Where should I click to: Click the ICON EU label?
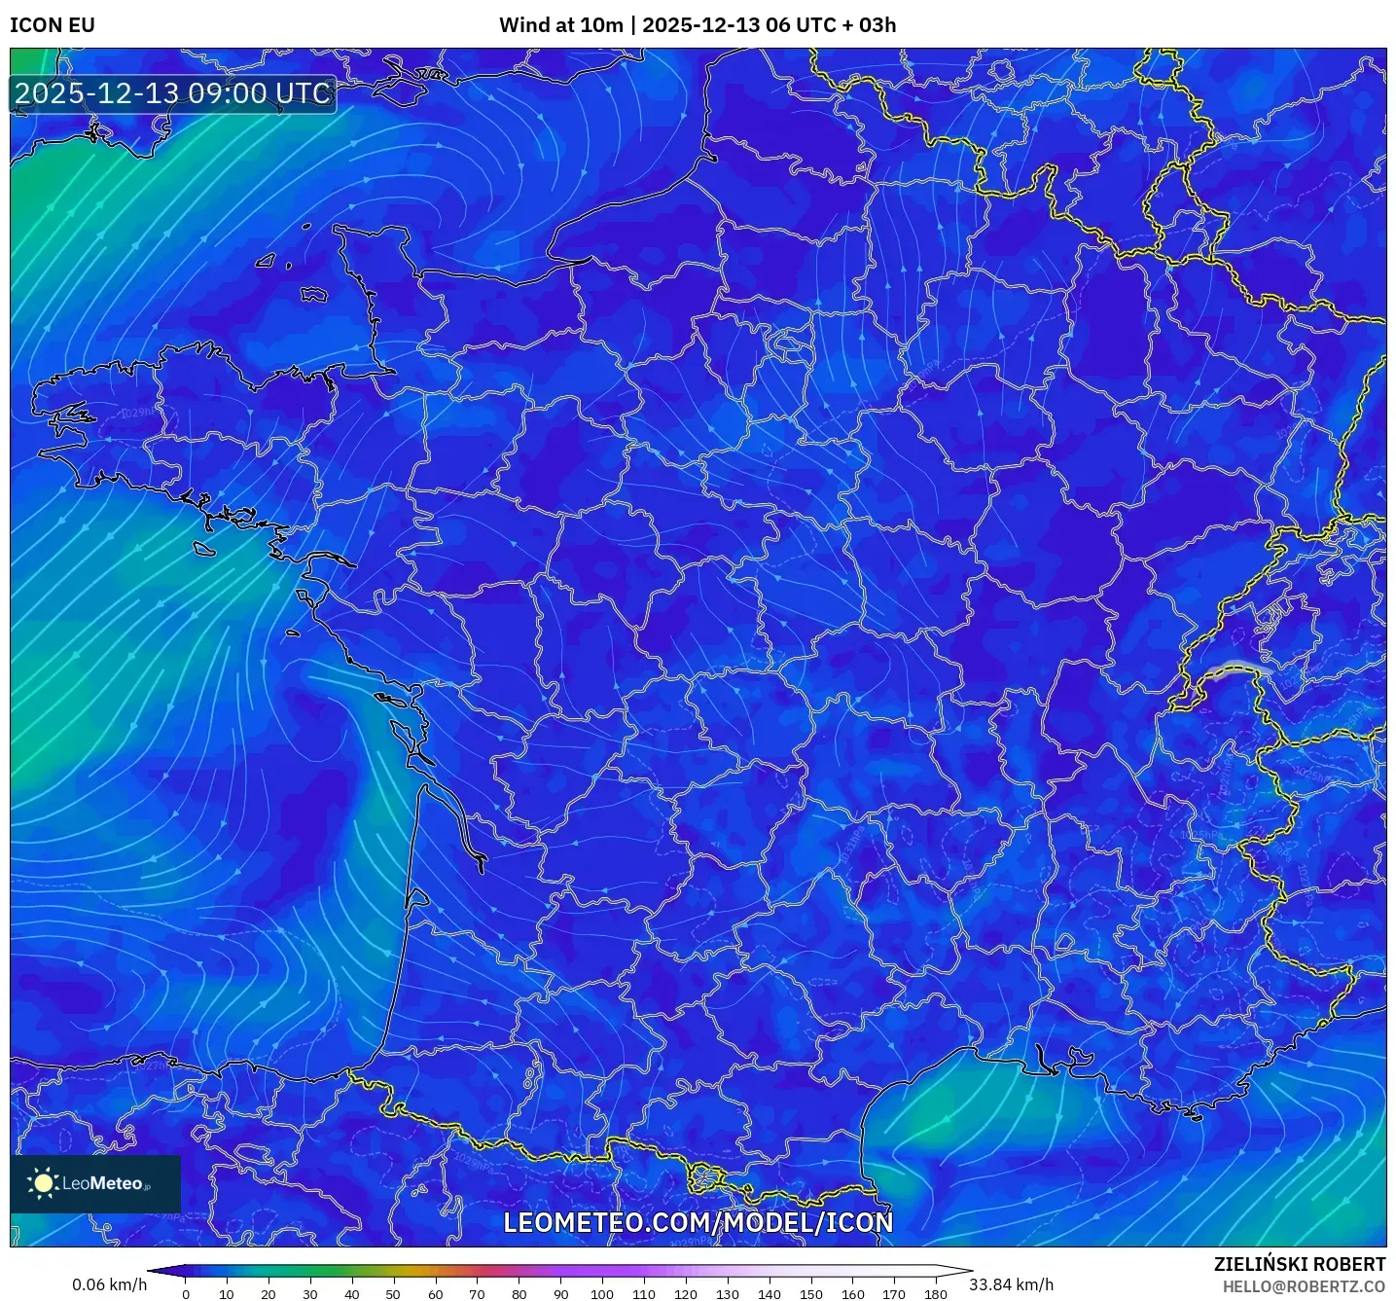click(x=53, y=25)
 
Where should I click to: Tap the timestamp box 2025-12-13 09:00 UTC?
click(x=173, y=93)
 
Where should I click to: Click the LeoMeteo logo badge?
click(x=95, y=1183)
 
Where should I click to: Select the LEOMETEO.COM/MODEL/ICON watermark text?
click(x=698, y=1222)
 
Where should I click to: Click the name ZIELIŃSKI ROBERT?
click(x=1300, y=1264)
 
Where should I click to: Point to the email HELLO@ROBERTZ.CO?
click(x=1304, y=1286)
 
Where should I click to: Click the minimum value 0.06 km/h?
click(x=109, y=1284)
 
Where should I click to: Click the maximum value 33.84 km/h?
click(x=1011, y=1284)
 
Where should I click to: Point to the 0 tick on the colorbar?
click(x=186, y=1294)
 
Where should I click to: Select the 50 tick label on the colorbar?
click(x=393, y=1294)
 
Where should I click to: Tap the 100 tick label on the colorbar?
click(x=602, y=1294)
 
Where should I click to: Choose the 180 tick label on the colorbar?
click(x=935, y=1294)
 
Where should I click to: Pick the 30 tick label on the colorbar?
click(x=310, y=1294)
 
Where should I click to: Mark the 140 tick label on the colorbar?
click(x=769, y=1294)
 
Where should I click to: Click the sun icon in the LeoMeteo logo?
click(x=44, y=1183)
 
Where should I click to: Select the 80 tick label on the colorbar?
click(x=519, y=1294)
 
